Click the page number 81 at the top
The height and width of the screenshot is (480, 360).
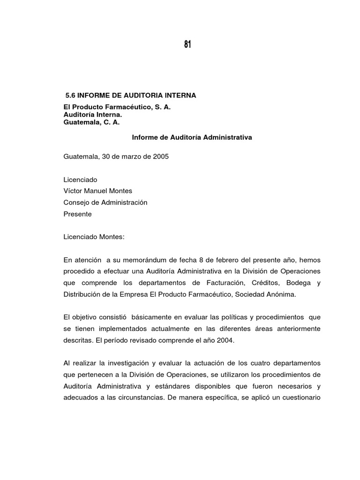187,45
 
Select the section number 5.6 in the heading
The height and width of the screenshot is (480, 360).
70,96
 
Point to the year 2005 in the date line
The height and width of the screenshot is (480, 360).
160,157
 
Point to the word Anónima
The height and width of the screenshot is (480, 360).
280,294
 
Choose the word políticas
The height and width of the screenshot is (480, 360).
227,317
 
